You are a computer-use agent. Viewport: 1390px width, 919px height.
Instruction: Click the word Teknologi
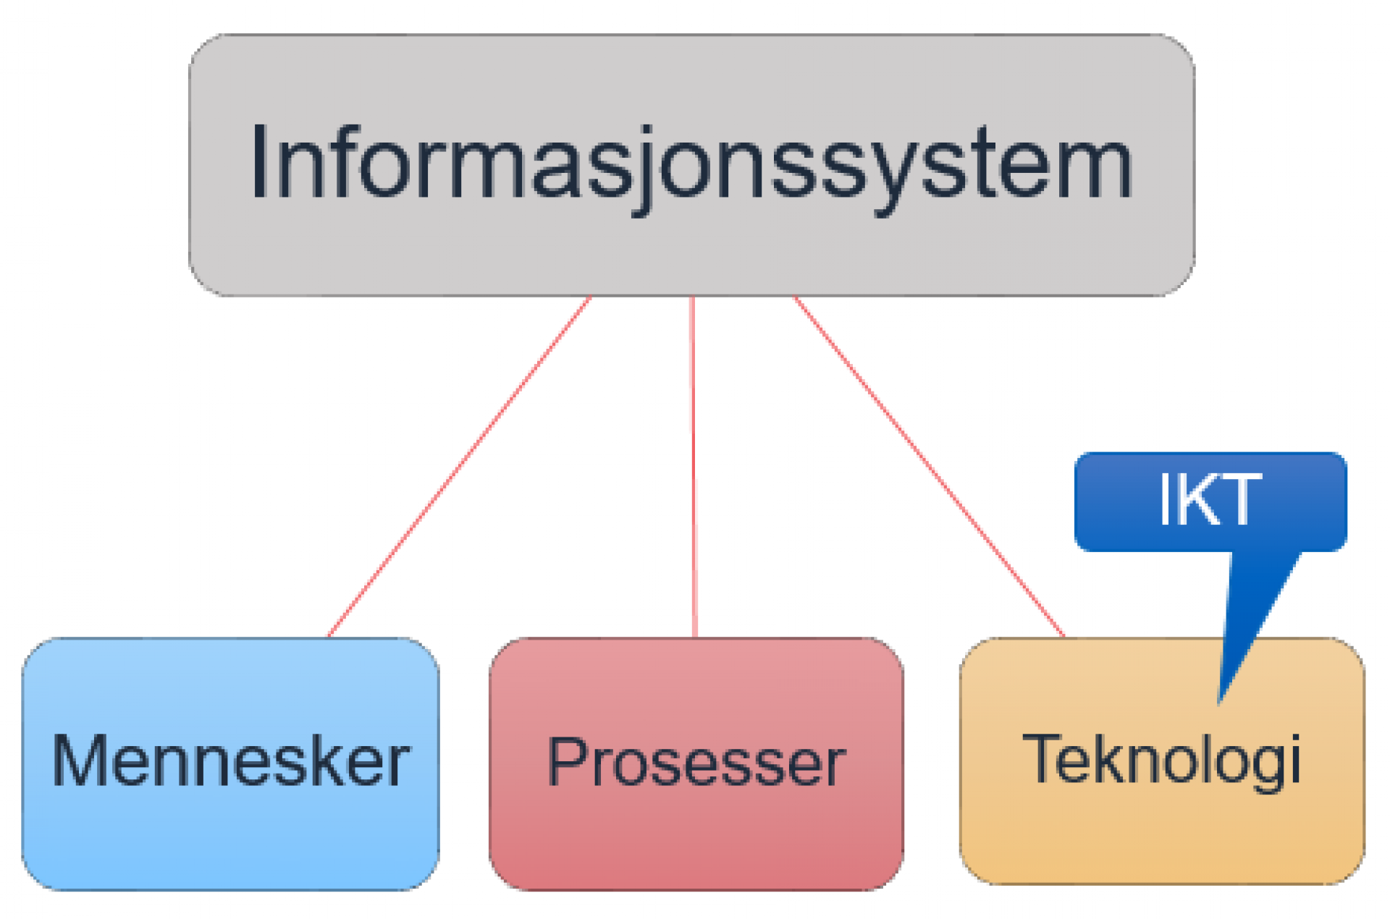pos(1161,760)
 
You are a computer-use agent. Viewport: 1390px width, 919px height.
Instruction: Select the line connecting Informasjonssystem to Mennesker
pos(459,467)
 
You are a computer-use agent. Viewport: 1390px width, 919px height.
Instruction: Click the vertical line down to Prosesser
pos(694,467)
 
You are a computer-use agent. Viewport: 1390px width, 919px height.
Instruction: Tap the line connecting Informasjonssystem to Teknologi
pos(929,467)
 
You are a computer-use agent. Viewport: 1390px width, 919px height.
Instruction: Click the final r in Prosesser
pos(835,766)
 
